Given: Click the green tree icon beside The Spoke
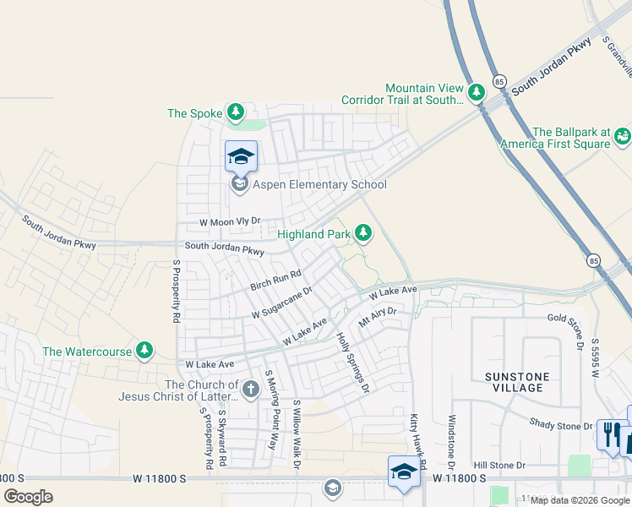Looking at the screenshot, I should coord(235,112).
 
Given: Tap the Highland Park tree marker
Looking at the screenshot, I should coord(363,232).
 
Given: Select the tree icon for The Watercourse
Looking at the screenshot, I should coord(145,350).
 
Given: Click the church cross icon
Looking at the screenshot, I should coord(250,389).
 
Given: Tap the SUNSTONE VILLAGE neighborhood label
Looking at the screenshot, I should coord(516,382).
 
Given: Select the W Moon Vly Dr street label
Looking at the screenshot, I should coord(228,221).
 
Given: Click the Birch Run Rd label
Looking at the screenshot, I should coord(275,281).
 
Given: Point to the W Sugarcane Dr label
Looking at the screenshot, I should coord(282,302).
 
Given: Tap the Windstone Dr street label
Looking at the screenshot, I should coord(452,443).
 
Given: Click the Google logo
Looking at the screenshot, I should coord(29,496).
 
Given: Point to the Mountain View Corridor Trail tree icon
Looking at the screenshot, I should coord(477,90).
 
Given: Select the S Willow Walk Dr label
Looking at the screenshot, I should coord(297,434).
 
